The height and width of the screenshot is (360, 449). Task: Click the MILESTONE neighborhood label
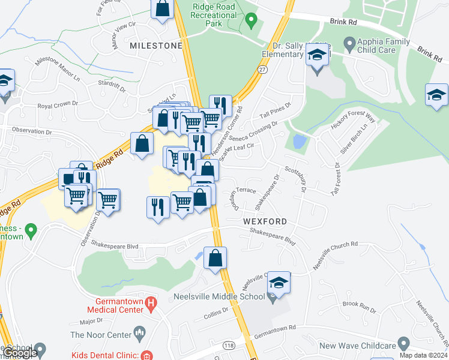click(155, 46)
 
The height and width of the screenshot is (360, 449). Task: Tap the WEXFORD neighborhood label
click(265, 221)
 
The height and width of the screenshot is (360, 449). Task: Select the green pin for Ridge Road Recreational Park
click(252, 21)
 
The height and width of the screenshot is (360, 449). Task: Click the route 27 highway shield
click(262, 70)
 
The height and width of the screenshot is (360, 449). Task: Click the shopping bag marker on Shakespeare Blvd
click(215, 259)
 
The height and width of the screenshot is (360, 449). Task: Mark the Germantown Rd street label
click(276, 328)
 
